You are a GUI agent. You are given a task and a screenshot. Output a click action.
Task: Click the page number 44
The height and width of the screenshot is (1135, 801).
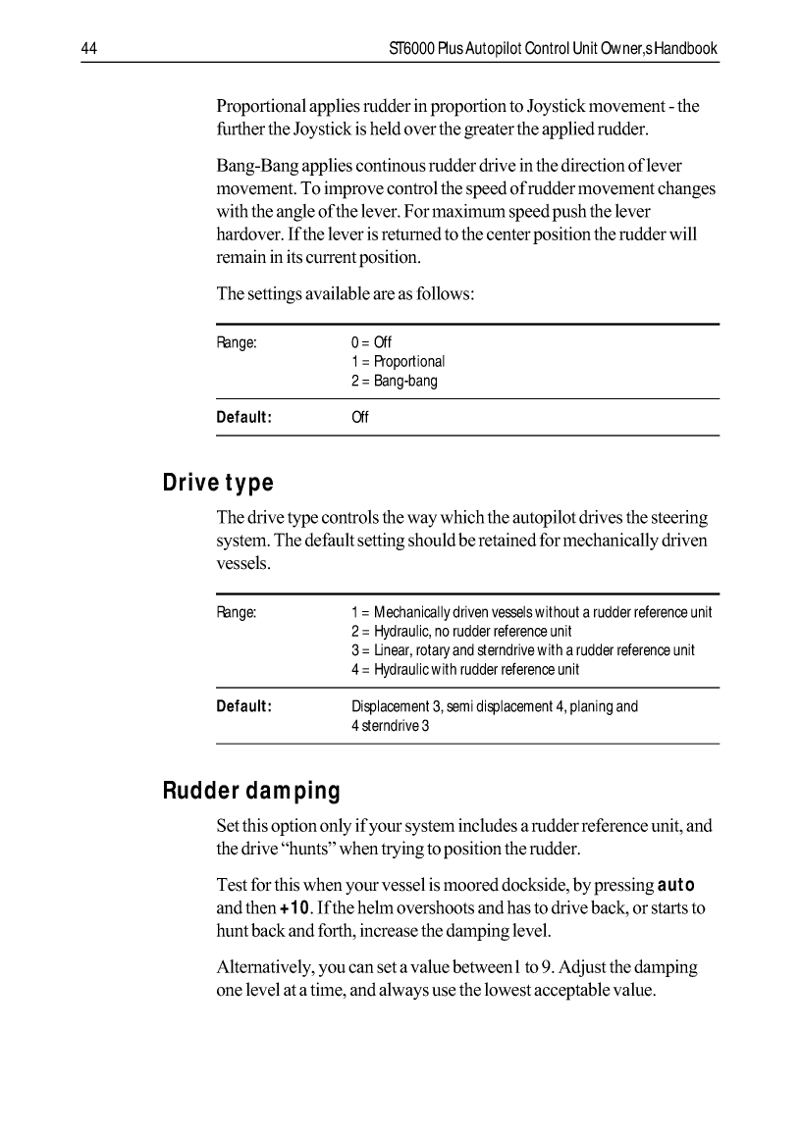[x=87, y=48]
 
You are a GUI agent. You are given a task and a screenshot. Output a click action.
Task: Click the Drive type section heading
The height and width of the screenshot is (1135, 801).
[x=217, y=484]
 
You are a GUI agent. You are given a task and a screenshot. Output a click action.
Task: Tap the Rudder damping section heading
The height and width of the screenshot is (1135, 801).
[x=251, y=790]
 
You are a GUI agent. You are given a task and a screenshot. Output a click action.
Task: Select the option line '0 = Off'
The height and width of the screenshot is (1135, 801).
[x=371, y=342]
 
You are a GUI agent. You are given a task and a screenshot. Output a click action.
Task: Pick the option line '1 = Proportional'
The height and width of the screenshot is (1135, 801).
[x=398, y=361]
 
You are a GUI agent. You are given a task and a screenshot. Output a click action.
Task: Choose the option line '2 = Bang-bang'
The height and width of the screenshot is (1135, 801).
[x=394, y=381]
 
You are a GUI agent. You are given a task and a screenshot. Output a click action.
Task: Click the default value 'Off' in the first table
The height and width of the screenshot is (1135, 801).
[x=359, y=417]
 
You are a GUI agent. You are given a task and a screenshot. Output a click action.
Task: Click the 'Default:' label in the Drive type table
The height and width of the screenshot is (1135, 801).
[x=243, y=705]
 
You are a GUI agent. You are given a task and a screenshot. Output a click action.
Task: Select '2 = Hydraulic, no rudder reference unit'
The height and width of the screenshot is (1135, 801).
[x=461, y=631]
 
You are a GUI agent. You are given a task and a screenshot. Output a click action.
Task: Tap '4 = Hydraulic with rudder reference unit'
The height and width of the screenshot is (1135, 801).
[x=464, y=669]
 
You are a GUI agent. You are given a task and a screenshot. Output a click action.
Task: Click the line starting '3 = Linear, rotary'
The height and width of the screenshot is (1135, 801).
[x=522, y=650]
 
